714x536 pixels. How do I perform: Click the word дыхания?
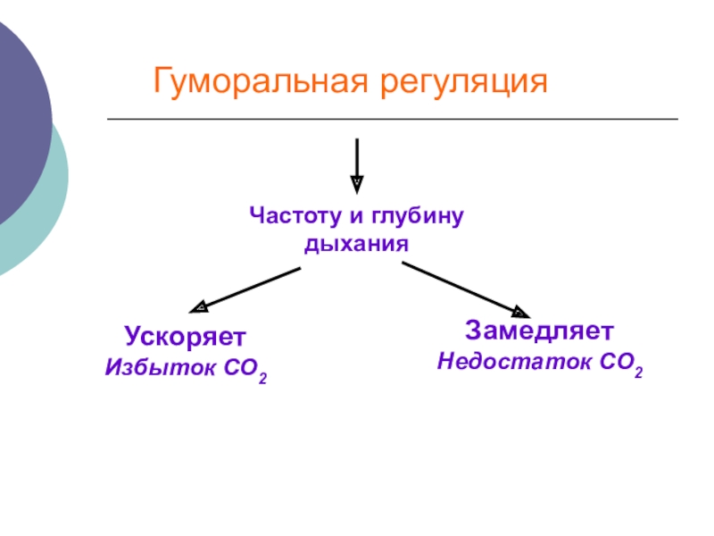356,242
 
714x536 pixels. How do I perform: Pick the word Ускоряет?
185,337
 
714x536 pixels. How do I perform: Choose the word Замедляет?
538,331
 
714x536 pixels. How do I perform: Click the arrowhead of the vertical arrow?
357,184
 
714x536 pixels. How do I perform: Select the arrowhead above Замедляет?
519,311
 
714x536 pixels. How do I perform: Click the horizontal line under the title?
393,119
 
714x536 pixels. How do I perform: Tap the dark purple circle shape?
22,116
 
